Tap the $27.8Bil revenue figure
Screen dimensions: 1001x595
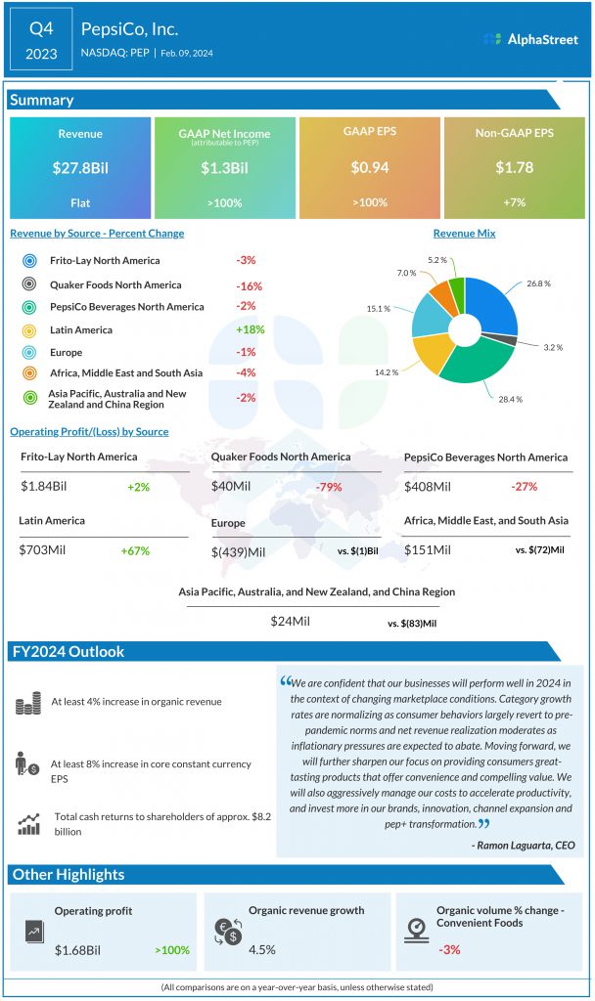coord(80,168)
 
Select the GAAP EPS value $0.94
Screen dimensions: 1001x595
coord(370,168)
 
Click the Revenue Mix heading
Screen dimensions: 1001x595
coord(464,234)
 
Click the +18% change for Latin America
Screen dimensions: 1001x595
coord(250,329)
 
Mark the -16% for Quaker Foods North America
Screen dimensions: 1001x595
coord(250,284)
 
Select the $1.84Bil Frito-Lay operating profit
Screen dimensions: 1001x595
coord(47,487)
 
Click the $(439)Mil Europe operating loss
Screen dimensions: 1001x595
coord(238,552)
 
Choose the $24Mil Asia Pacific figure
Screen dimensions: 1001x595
coord(290,621)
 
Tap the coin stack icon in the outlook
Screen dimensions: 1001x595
coord(28,702)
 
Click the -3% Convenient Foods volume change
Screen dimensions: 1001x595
coord(450,947)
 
